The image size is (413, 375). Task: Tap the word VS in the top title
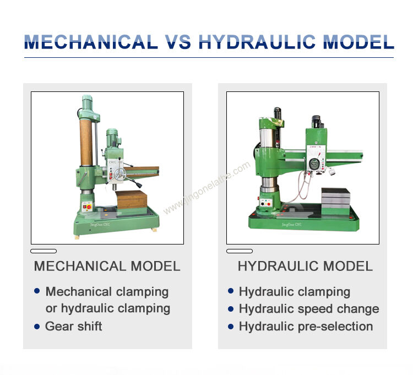click(x=178, y=42)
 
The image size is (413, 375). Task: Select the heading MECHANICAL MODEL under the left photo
click(x=107, y=267)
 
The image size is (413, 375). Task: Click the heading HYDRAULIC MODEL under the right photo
click(x=305, y=267)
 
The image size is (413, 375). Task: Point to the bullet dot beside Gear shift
click(x=37, y=326)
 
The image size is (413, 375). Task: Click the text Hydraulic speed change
click(x=308, y=309)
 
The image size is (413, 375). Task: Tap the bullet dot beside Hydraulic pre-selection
click(x=231, y=326)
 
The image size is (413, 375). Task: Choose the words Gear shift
click(x=74, y=326)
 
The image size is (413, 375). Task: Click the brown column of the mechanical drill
click(x=86, y=142)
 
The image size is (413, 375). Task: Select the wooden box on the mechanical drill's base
click(x=131, y=199)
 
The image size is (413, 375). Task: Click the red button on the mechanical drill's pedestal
click(x=85, y=205)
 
